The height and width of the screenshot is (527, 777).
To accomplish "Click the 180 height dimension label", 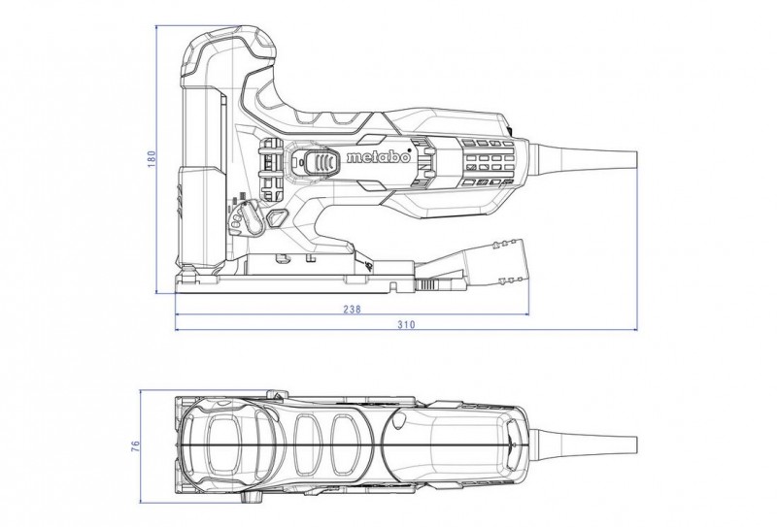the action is (x=152, y=158).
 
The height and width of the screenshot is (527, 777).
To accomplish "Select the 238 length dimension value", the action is (x=352, y=310).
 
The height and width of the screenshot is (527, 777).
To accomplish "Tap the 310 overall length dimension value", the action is (x=406, y=325).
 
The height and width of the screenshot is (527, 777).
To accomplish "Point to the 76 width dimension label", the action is (x=136, y=445).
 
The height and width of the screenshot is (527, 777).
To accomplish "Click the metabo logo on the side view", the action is (x=379, y=157).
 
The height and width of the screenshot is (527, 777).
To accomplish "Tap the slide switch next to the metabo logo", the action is (x=321, y=162).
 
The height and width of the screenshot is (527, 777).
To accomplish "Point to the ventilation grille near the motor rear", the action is (x=488, y=162).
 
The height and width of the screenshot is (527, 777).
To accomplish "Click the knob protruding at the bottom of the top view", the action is (x=252, y=497).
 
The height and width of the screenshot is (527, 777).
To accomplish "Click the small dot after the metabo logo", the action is (x=409, y=149).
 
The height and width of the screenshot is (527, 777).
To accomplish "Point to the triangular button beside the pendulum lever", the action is (x=278, y=218).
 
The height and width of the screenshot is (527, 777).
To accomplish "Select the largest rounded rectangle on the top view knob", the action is (x=224, y=445).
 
